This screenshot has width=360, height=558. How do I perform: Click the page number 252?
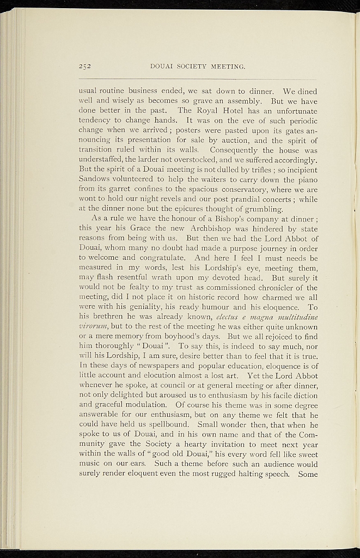pos(86,68)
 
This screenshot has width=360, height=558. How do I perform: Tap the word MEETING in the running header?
pos(228,68)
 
